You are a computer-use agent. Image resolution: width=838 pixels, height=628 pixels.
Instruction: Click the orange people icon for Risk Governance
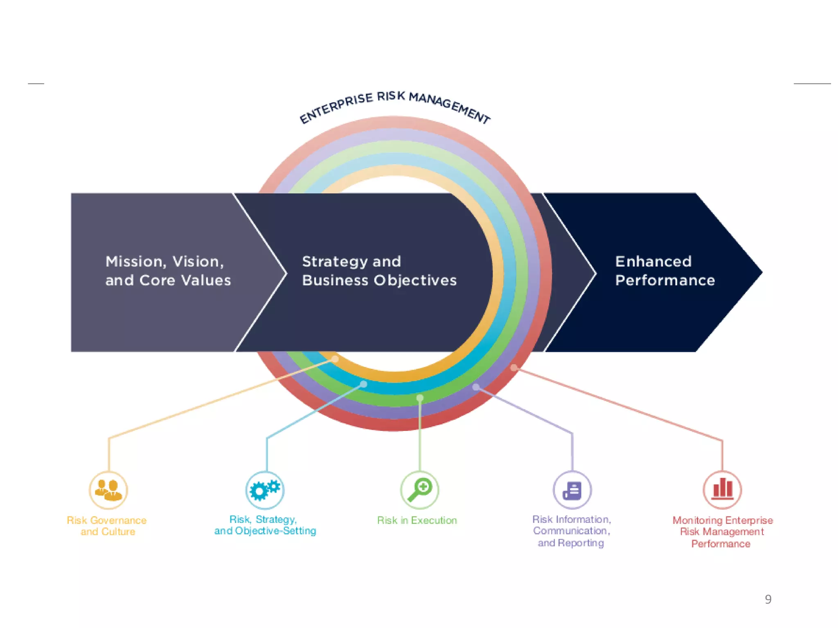point(108,490)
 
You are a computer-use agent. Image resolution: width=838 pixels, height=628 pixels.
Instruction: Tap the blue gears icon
point(265,490)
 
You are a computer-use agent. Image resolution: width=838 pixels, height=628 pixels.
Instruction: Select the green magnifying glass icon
point(419,489)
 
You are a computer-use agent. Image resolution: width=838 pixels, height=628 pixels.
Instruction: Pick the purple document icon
point(572,490)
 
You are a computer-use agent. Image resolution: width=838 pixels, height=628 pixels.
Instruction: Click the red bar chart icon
point(722,489)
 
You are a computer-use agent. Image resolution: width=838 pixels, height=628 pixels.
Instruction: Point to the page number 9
point(768,599)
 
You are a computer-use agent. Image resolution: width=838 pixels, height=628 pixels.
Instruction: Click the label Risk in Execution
point(417,520)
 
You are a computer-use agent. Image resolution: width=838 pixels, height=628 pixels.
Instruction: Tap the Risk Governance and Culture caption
point(107,526)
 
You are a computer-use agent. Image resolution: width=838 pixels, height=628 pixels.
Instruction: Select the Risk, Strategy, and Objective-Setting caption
point(265,525)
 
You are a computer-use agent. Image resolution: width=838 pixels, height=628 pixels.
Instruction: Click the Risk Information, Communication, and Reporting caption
point(571,531)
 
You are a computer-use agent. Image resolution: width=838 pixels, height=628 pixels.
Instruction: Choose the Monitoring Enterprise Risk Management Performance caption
point(722,532)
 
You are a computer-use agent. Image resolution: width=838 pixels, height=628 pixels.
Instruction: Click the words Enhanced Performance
point(665,271)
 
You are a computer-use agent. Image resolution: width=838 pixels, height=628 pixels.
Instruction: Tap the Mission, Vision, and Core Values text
point(168,271)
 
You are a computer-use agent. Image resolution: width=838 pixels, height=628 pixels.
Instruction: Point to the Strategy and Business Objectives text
point(379,271)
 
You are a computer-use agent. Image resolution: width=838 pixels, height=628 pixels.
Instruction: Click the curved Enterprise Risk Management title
point(394,105)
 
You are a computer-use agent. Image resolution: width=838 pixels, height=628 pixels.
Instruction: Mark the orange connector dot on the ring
point(335,359)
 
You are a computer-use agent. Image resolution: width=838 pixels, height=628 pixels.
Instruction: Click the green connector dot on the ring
point(420,397)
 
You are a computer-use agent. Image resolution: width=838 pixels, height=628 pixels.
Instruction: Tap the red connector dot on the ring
point(514,367)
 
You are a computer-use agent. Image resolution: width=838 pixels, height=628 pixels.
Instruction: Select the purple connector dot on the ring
point(475,386)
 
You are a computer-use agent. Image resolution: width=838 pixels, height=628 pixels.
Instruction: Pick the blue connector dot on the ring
point(363,384)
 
